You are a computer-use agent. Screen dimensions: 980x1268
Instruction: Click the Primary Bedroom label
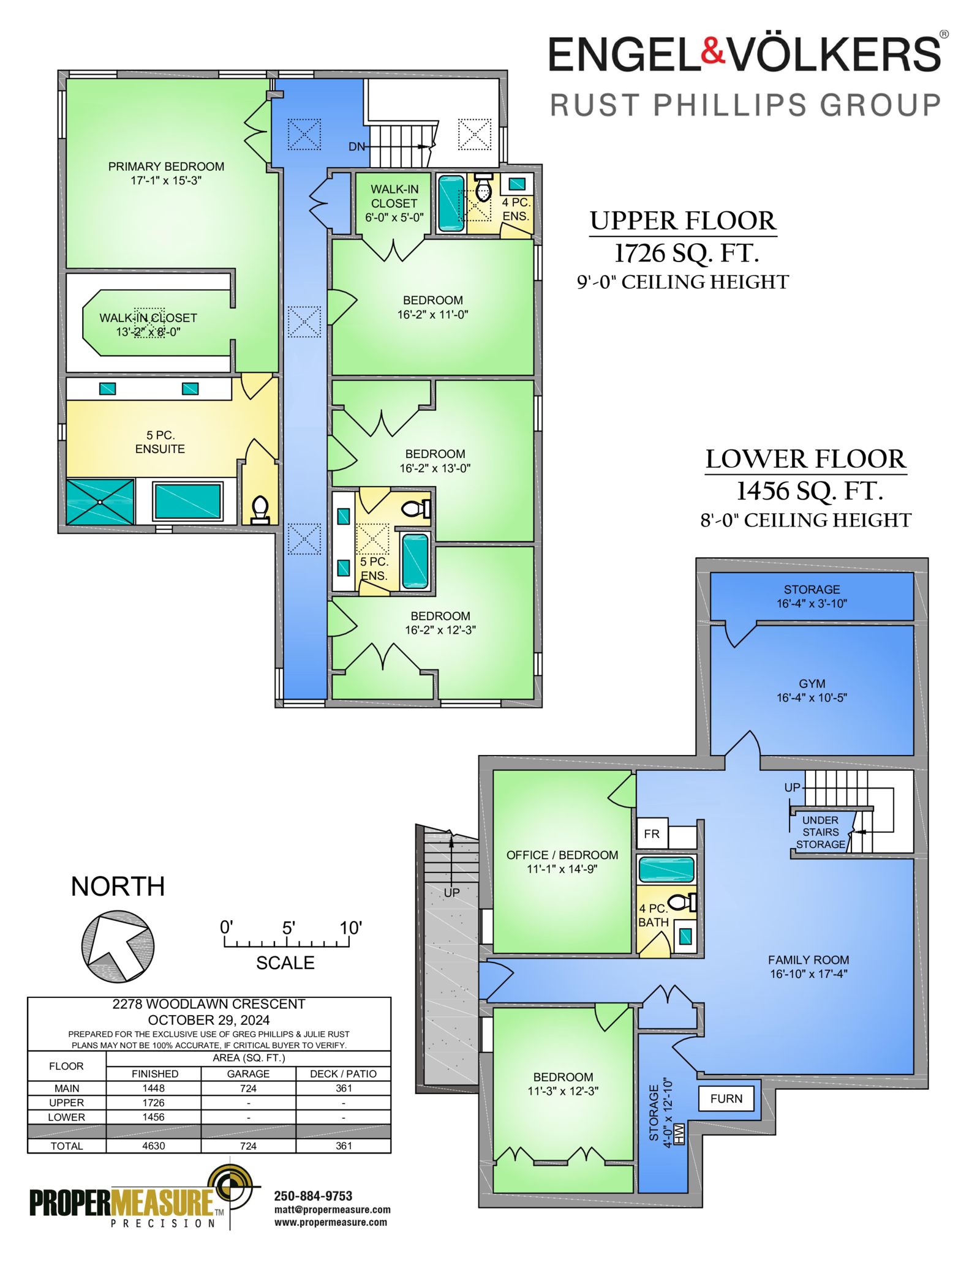(166, 173)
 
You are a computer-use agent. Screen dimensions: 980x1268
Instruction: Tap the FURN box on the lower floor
(726, 1098)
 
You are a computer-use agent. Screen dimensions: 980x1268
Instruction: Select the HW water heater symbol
(679, 1134)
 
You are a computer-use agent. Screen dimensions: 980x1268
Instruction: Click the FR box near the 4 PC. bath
(652, 834)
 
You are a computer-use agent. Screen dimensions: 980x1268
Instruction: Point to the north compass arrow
(118, 946)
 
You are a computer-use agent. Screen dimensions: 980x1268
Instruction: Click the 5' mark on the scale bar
(288, 928)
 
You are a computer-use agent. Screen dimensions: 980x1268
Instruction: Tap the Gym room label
(812, 691)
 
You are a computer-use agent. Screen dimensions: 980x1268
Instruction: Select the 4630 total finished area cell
(154, 1146)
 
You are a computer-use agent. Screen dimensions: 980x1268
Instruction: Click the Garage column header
(248, 1073)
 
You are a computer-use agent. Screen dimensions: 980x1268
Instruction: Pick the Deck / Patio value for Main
(344, 1088)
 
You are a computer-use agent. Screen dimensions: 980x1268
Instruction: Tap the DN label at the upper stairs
(356, 147)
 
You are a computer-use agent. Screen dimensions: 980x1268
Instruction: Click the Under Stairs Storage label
(821, 833)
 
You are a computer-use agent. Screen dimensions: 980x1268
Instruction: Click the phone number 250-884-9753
(313, 1196)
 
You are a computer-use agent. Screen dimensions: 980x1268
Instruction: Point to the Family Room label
(809, 967)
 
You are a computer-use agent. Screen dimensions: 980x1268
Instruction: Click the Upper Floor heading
(683, 221)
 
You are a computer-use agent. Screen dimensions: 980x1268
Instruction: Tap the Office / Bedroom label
(562, 861)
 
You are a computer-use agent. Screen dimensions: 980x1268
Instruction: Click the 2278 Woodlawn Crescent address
(209, 1004)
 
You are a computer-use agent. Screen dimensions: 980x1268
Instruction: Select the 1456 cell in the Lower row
(154, 1117)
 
